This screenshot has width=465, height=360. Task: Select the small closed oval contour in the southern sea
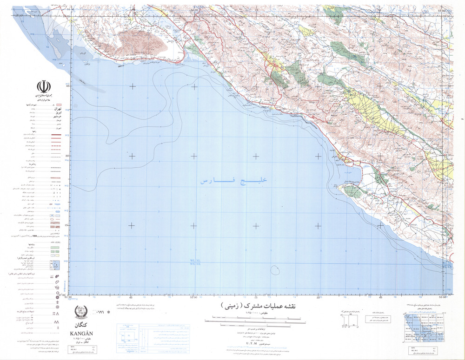click(274, 269)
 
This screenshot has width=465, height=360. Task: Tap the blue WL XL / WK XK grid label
click(195, 262)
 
